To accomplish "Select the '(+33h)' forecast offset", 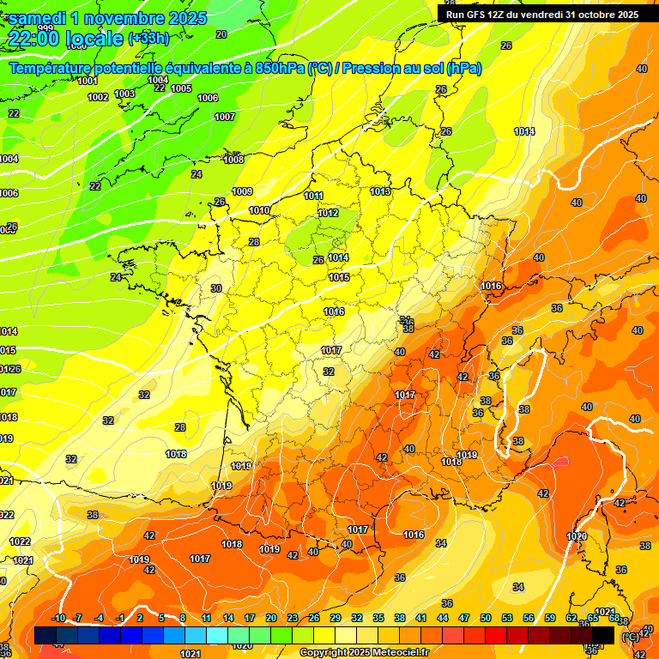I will click(148, 39).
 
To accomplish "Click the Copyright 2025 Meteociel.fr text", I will click(364, 652).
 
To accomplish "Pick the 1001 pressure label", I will click(87, 81).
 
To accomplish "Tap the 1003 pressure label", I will click(124, 94).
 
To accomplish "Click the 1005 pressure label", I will click(181, 88).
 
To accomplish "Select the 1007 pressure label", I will click(225, 117).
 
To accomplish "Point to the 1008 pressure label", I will click(233, 160).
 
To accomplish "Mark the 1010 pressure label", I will click(259, 210).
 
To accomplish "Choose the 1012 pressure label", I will click(328, 213).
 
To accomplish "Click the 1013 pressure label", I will click(380, 191).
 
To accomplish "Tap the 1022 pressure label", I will click(20, 541).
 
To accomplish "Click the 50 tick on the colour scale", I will click(485, 618).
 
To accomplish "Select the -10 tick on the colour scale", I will click(58, 618).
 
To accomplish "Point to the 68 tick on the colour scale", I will click(614, 618).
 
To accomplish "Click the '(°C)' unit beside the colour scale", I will click(631, 637).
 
